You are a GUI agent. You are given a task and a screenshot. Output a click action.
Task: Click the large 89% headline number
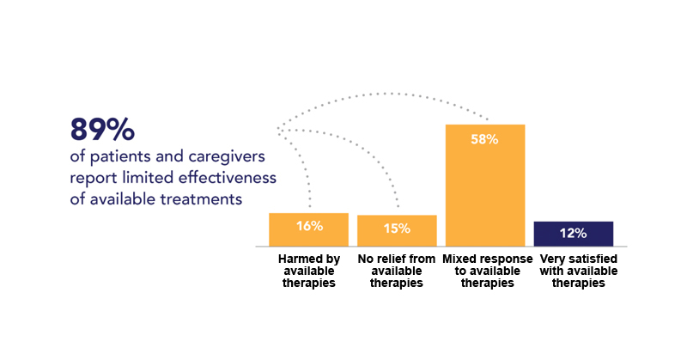click(102, 130)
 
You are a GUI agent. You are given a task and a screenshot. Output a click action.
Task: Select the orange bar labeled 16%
click(308, 229)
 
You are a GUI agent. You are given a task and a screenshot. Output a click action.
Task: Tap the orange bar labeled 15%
click(397, 230)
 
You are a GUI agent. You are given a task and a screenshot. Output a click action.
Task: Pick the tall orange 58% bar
click(485, 186)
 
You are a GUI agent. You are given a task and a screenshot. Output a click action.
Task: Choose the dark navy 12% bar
click(573, 234)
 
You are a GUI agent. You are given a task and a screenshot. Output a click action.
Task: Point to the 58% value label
click(484, 139)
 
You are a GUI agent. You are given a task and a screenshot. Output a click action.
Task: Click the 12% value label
click(573, 234)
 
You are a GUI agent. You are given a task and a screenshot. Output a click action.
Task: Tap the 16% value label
click(309, 226)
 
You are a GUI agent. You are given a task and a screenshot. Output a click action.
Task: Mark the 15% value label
click(397, 229)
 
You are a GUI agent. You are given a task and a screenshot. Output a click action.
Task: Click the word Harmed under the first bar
click(295, 259)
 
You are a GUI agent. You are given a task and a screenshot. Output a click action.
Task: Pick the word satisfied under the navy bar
click(593, 259)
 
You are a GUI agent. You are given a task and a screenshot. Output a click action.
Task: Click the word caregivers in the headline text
click(227, 157)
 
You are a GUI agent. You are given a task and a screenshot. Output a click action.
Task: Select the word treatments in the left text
click(201, 199)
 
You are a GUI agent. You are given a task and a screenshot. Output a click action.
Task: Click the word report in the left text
click(94, 179)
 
